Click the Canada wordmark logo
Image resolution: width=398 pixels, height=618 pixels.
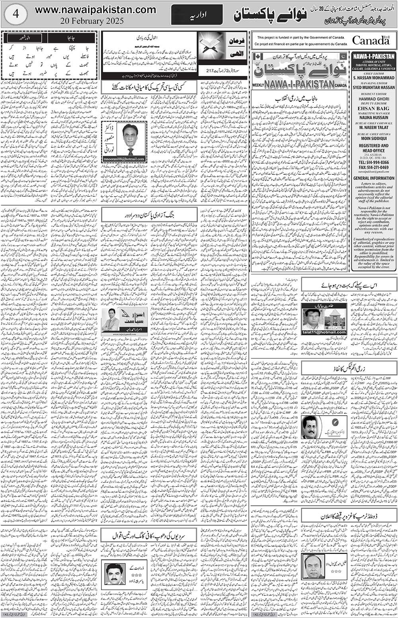[371, 40]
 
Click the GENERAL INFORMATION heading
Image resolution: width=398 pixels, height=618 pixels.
[373, 178]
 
